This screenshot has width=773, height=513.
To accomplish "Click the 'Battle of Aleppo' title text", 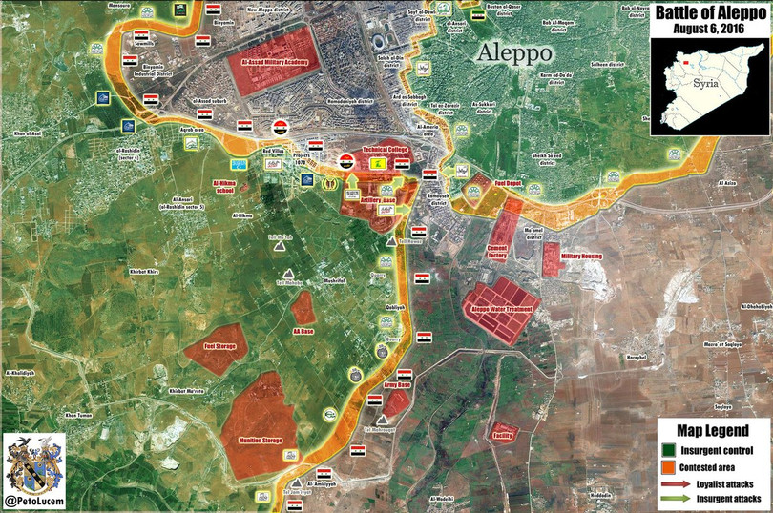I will (x=711, y=12).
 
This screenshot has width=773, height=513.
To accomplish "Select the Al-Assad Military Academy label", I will (x=274, y=60).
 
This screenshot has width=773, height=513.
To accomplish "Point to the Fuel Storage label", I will (x=219, y=345).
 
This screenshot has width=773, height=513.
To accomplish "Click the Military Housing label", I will (x=581, y=256).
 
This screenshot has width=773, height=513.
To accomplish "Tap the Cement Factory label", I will (x=496, y=252).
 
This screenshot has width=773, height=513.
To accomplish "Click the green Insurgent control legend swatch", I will (x=668, y=449).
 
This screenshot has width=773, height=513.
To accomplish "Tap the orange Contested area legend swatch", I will (x=668, y=467).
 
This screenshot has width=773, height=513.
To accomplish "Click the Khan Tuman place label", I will (x=78, y=415).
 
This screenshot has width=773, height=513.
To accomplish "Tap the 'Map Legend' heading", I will (x=711, y=430).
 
